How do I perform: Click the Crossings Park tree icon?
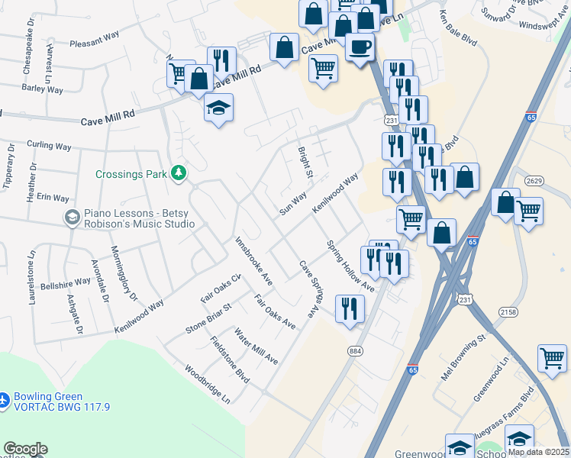click(x=179, y=173)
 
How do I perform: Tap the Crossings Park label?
click(x=131, y=174)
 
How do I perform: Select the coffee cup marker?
click(x=360, y=47)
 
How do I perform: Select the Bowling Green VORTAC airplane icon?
click(x=5, y=399)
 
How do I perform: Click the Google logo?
click(x=25, y=449)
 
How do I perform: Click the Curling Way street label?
click(x=49, y=145)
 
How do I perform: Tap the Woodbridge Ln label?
click(x=207, y=383)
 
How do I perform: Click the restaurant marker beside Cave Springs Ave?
click(x=350, y=309)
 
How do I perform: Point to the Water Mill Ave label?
click(x=256, y=347)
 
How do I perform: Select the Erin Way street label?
click(x=53, y=197)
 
